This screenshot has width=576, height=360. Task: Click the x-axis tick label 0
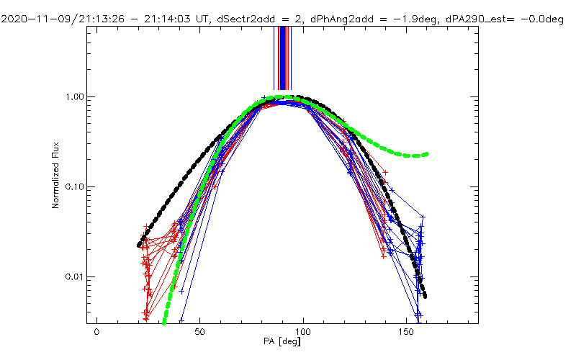96,333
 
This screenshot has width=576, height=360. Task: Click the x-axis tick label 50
199,333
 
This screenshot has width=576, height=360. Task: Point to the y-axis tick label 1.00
76,96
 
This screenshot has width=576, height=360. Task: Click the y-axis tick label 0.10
76,186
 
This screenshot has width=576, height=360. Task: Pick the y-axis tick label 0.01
76,276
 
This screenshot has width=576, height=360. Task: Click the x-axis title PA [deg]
282,343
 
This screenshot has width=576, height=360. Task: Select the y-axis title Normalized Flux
55,176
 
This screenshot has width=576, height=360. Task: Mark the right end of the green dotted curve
427,154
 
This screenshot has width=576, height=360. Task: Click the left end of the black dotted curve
140,246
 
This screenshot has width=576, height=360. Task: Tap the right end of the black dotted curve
425,296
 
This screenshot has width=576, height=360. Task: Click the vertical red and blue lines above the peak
283,58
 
